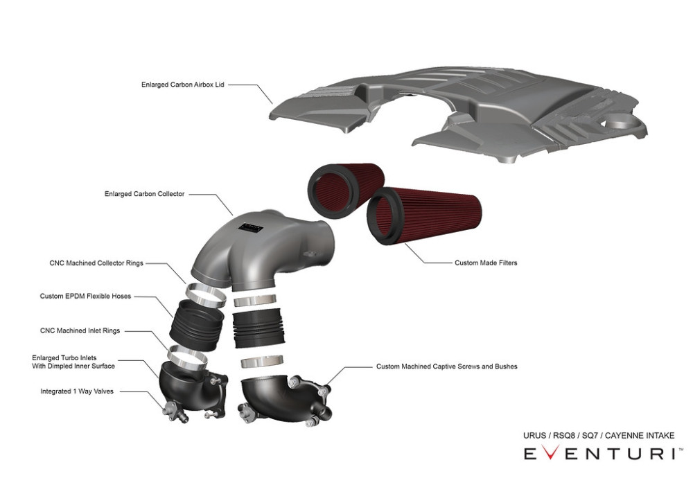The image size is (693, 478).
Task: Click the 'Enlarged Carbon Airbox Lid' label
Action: [x=182, y=85]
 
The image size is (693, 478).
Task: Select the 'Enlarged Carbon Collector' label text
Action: [x=145, y=193]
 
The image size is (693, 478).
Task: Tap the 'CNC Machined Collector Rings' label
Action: [x=96, y=263]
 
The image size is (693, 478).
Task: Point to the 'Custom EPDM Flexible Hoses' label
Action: [x=85, y=296]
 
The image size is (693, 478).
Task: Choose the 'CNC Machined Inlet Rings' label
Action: [x=80, y=330]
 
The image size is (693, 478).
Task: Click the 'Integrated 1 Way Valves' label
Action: [x=77, y=391]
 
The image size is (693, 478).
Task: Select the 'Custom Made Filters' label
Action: [x=486, y=263]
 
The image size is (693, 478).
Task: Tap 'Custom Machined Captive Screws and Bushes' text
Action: [x=446, y=366]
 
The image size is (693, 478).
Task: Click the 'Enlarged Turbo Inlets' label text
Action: [x=64, y=358]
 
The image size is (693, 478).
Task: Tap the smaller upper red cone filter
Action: [x=345, y=190]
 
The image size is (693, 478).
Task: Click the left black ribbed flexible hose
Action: [x=197, y=325]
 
